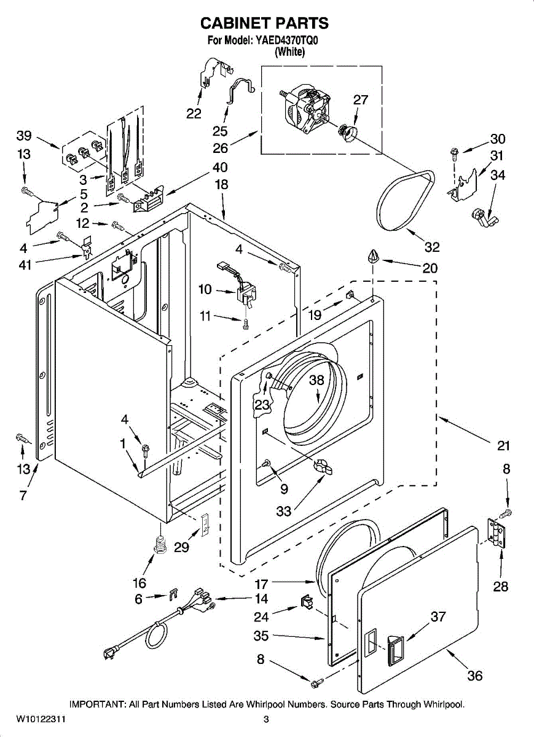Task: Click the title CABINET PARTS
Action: tap(264, 23)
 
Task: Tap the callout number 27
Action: tap(361, 100)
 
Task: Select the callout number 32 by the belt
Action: tap(432, 247)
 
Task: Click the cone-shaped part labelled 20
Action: tap(373, 256)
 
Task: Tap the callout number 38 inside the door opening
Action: tap(316, 381)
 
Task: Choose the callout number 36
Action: tap(474, 676)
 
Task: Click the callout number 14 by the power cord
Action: tap(261, 599)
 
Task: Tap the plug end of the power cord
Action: tap(114, 654)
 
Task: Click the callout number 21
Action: tap(504, 445)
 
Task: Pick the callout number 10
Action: tap(205, 289)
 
